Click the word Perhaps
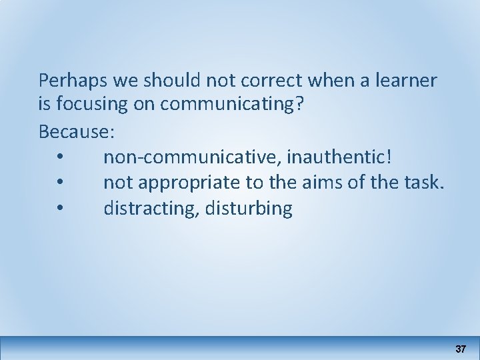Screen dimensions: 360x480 click(68, 81)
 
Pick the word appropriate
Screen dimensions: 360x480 click(183, 183)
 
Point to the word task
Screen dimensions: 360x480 click(423, 183)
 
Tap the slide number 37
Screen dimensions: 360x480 click(460, 349)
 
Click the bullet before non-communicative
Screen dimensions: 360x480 click(61, 158)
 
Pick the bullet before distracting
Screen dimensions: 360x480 click(61, 209)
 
